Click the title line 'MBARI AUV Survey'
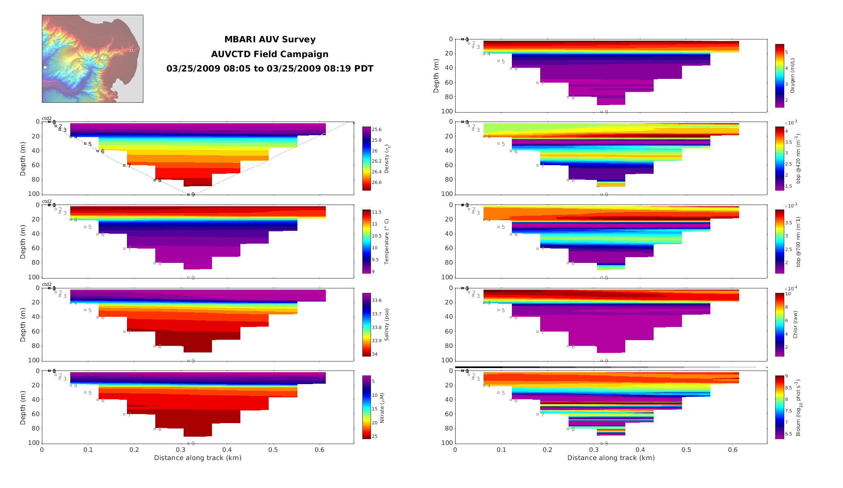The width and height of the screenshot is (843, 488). click(270, 39)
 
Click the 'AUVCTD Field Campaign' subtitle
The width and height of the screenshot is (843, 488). click(270, 54)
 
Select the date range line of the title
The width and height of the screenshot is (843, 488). click(270, 69)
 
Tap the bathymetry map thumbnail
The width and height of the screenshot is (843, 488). click(92, 59)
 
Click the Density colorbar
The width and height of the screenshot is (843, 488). click(366, 159)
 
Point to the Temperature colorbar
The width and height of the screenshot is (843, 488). click(366, 242)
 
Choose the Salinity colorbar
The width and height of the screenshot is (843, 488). click(366, 325)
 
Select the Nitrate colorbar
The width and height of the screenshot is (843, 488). click(366, 407)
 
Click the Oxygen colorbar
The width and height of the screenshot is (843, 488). click(779, 76)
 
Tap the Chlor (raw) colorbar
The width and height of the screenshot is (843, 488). click(779, 325)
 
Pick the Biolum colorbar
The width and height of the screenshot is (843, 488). click(779, 407)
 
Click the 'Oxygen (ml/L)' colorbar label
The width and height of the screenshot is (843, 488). click(792, 76)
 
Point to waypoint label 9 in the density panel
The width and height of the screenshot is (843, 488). click(193, 195)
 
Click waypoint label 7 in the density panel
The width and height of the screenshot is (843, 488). click(129, 166)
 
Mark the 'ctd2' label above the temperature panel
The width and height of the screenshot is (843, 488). click(47, 202)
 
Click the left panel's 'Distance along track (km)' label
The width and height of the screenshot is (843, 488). click(198, 458)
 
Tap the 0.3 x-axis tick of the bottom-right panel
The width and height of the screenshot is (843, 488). click(594, 450)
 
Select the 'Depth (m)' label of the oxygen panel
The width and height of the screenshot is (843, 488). click(436, 76)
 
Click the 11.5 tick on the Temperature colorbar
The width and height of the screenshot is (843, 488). click(377, 212)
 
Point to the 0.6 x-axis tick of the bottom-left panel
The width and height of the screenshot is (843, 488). click(320, 450)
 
